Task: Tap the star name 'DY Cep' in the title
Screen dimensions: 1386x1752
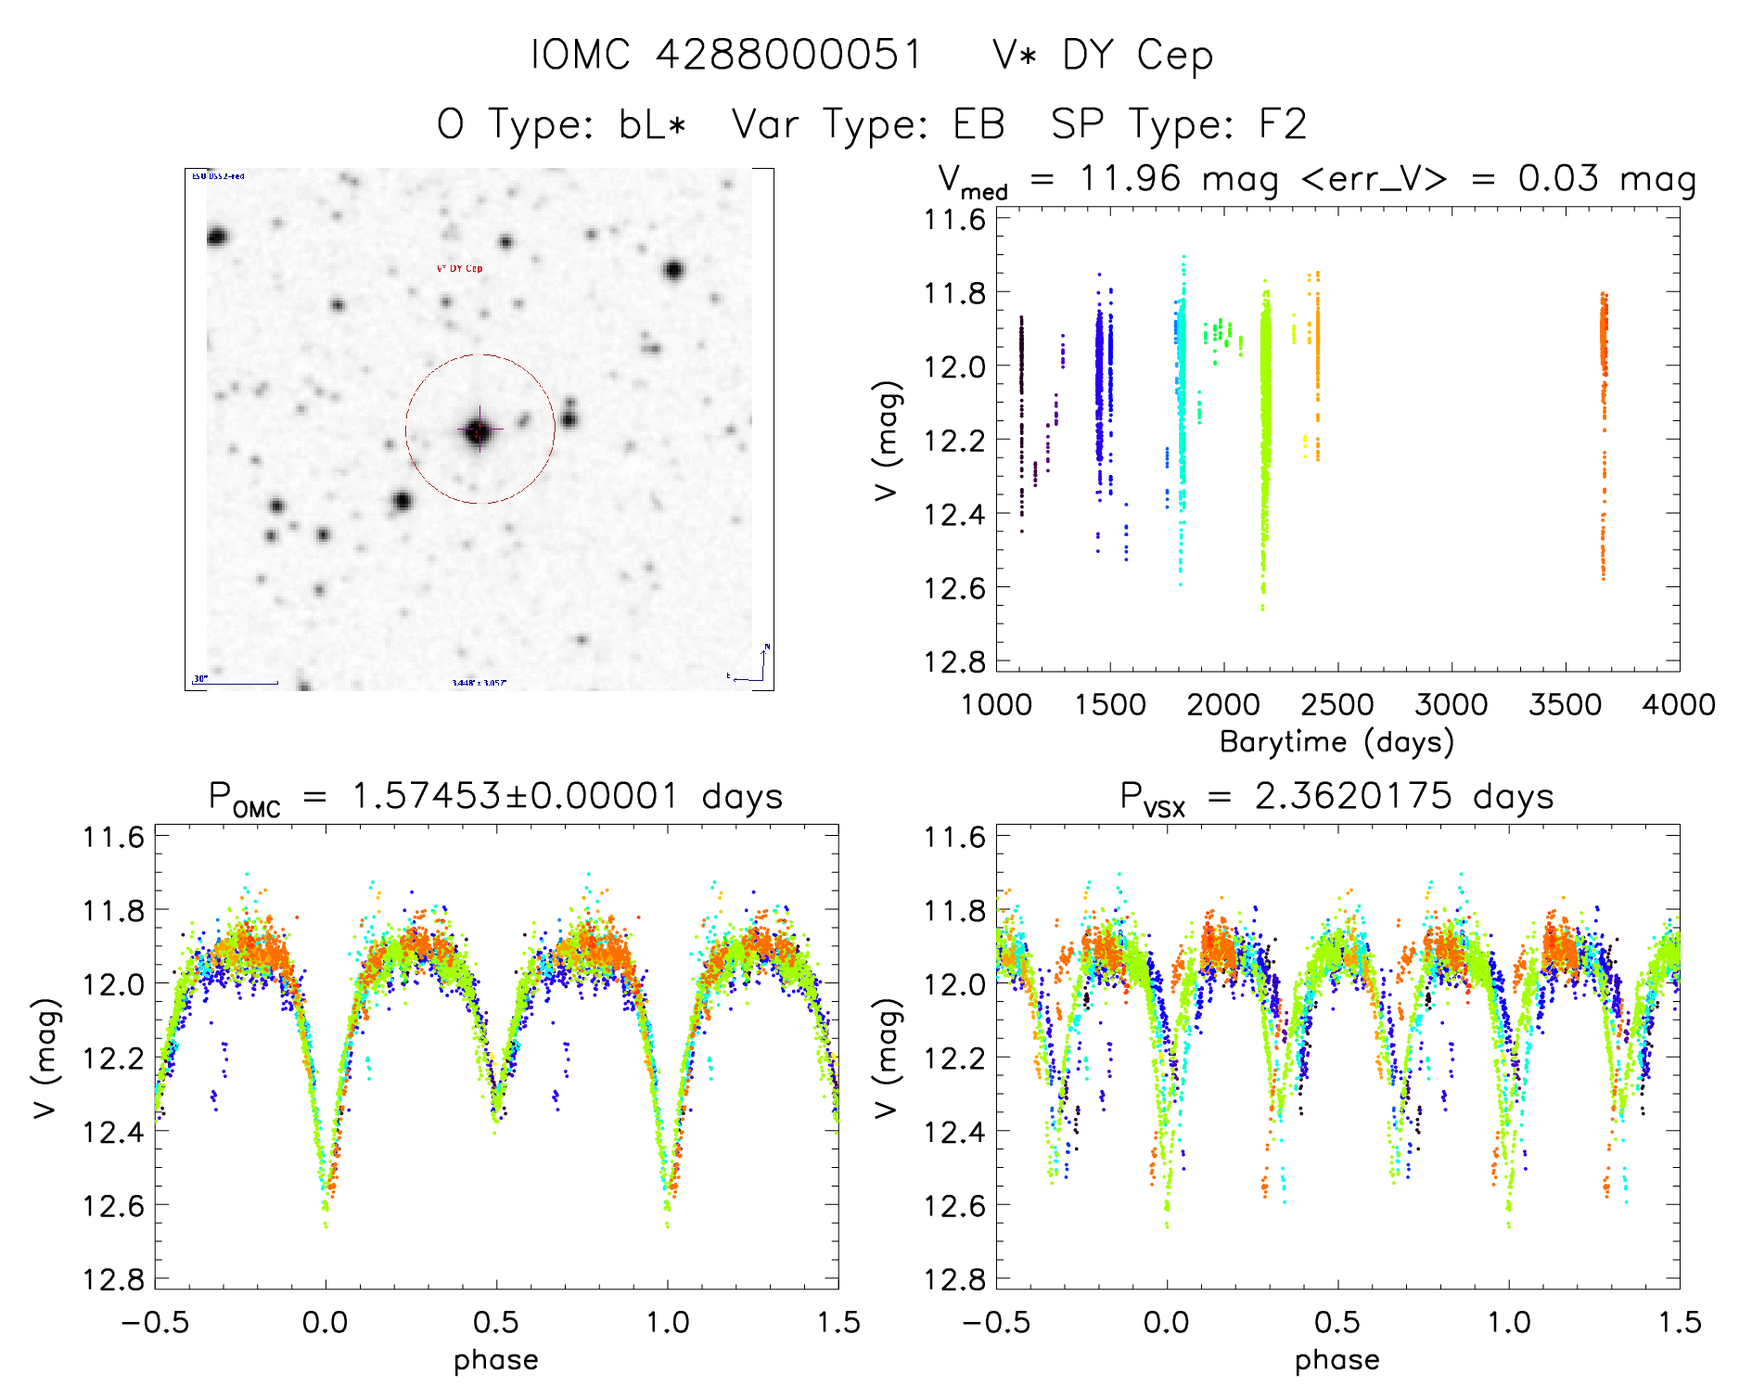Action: coord(1137,56)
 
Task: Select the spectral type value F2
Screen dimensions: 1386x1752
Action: coord(1283,124)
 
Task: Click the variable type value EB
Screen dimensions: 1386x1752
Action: coord(978,124)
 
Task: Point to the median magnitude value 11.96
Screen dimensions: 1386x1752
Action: coord(1131,178)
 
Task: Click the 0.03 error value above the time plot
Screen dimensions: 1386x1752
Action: coord(1558,178)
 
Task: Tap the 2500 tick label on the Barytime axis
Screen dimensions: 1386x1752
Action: coord(1337,704)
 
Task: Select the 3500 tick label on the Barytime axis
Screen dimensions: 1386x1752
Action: coord(1565,704)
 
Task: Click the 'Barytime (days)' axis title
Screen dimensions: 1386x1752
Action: coord(1336,742)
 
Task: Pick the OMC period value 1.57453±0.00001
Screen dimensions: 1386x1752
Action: coord(515,796)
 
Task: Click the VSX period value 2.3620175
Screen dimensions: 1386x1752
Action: coord(1353,796)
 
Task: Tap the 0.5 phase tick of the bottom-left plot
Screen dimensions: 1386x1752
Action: coord(496,1322)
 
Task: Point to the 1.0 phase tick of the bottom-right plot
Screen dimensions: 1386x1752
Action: coord(1509,1322)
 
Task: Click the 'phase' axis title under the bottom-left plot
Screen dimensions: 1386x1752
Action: coord(496,1360)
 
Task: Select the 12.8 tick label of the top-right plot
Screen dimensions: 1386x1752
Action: coord(954,661)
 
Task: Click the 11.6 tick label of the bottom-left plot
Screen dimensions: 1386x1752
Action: coord(114,838)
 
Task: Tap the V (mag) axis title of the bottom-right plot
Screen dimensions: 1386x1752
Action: coord(887,1058)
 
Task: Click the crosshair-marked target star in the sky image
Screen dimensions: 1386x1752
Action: coord(479,430)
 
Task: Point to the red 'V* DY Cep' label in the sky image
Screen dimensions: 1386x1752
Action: coord(460,269)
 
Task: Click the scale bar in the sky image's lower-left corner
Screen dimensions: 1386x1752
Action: coord(237,682)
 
